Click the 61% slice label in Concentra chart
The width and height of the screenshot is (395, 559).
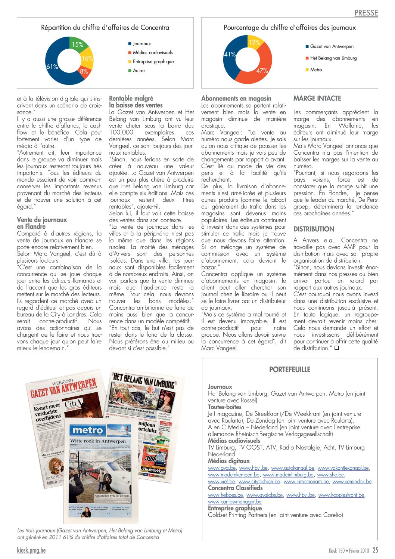[52, 67]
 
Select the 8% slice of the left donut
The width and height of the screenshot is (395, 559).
[84, 71]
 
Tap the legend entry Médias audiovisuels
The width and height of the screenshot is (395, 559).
[153, 53]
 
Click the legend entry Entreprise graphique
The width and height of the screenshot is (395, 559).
[153, 62]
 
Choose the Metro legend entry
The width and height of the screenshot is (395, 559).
[316, 70]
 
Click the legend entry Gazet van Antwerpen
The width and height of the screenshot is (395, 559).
[332, 47]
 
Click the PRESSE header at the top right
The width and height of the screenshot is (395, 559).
[366, 13]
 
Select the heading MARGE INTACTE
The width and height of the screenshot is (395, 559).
[317, 99]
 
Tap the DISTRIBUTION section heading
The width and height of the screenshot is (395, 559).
[314, 229]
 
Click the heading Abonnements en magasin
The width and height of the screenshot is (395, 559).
[236, 99]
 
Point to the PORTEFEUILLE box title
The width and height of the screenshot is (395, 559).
[290, 370]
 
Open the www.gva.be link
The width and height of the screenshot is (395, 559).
[222, 468]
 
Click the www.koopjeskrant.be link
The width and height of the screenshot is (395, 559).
[341, 495]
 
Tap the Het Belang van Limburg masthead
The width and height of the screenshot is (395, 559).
[144, 380]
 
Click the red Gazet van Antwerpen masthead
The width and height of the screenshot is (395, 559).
[63, 387]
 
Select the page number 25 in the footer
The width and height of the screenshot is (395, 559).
[375, 550]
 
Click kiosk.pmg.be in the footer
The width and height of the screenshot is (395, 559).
[31, 550]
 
